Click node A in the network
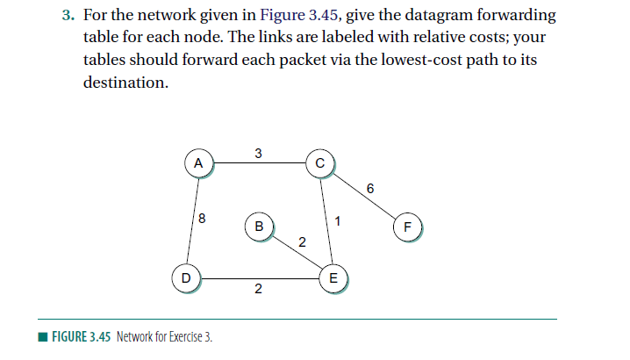click(198, 162)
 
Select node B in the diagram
click(258, 226)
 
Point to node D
click(185, 277)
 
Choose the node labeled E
click(332, 277)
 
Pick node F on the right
click(406, 226)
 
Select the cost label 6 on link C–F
click(370, 188)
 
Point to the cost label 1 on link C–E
click(336, 220)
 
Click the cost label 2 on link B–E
click(302, 242)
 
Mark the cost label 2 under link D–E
click(258, 290)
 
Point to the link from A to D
click(192, 220)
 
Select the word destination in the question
click(125, 83)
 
